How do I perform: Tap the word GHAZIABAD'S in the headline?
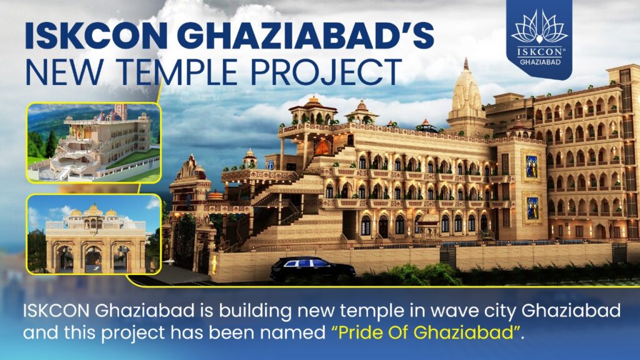click(301, 36)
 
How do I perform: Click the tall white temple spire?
click(466, 94)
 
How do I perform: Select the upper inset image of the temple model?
click(94, 143)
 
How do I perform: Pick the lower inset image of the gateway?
click(94, 235)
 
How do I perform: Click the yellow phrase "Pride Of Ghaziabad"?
click(426, 332)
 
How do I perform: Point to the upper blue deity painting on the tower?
click(532, 166)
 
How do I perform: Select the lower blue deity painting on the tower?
click(532, 207)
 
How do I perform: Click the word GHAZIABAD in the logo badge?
click(539, 62)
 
